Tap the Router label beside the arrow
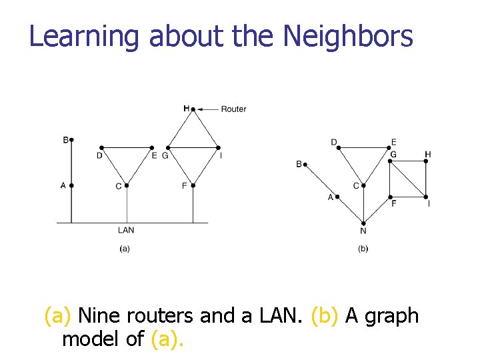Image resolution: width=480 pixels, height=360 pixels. pos(233,109)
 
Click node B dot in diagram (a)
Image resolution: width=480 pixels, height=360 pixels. pos(71,140)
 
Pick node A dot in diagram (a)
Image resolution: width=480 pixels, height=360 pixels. pos(71,185)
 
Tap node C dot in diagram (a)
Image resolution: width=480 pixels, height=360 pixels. pos(126,185)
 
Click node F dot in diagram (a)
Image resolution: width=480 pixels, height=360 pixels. pos(193,185)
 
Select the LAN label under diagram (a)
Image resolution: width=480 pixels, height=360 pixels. pos(126,230)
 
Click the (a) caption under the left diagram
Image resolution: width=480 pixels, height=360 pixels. pos(124,249)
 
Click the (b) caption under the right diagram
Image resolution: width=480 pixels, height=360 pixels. pos(363,249)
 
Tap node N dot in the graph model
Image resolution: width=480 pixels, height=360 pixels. pos(363,223)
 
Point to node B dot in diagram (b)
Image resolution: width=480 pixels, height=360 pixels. pos(306,163)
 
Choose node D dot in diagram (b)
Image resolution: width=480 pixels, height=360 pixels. pos(339,148)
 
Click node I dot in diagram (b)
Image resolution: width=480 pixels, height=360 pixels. pos(425,197)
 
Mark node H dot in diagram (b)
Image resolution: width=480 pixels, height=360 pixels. pos(425,161)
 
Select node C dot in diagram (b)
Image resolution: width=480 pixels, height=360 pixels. pos(363,185)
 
